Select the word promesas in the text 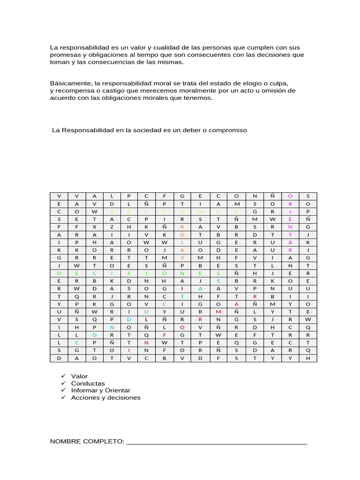tap(64, 55)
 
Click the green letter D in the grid tap(59, 273)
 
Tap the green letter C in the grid tap(94, 273)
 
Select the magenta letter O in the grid tap(290, 196)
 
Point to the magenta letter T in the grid tap(290, 234)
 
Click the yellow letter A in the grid tap(112, 211)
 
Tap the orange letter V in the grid tap(182, 257)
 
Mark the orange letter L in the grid tap(182, 242)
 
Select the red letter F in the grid tap(165, 335)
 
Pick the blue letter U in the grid tap(147, 311)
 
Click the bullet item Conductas tap(88, 383)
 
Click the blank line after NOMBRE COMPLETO tap(217, 442)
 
